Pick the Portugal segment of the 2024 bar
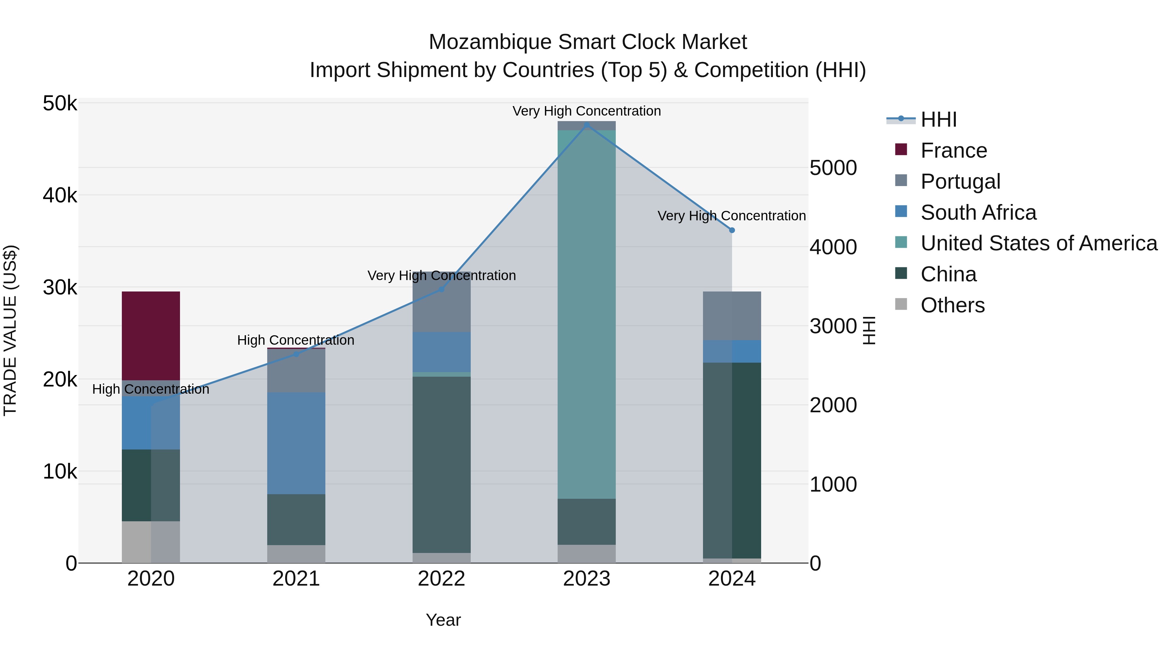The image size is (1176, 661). [x=731, y=316]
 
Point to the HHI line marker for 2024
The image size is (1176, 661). [x=732, y=230]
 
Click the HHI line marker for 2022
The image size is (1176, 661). [x=441, y=289]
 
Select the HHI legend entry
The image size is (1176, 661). [x=938, y=119]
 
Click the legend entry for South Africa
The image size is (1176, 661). [x=978, y=212]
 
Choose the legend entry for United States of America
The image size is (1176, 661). [x=1038, y=243]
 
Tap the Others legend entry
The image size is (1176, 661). [x=952, y=305]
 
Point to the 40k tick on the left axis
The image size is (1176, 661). [x=60, y=196]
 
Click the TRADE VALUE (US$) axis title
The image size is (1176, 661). [x=10, y=330]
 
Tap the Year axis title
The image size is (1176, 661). [x=443, y=620]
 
